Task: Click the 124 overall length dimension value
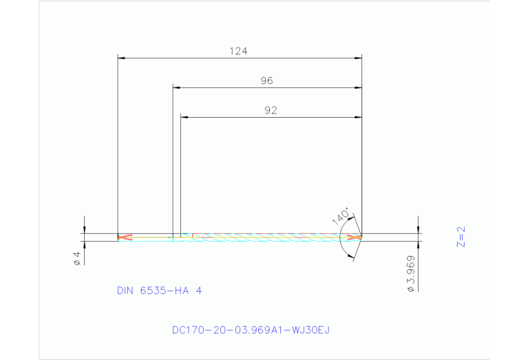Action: coord(239,51)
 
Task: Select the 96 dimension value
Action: coord(266,81)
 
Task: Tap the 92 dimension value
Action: coord(270,110)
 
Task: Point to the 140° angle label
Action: coord(341,215)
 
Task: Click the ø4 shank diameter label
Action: coord(78,257)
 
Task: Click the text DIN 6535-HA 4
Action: coord(159,290)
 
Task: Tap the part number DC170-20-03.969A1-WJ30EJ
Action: coord(251,330)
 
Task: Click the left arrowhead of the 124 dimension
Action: coord(121,59)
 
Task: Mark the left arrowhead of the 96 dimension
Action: coord(176,88)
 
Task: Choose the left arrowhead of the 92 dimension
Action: coord(184,117)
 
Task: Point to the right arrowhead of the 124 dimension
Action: coord(358,59)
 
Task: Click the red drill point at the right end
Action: coord(355,237)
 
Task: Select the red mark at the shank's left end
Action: coord(124,237)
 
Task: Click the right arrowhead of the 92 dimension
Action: coord(358,117)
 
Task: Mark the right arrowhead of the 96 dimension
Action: coord(358,88)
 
